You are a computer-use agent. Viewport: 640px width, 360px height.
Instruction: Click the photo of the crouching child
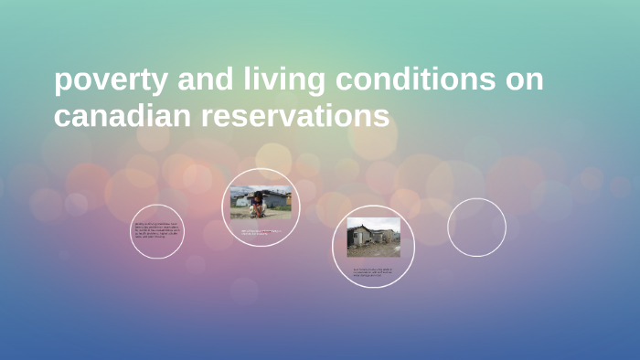pos(261,203)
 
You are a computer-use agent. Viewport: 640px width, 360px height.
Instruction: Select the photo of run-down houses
pos(373,237)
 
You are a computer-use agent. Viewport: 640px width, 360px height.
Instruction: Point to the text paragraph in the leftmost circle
pos(156,230)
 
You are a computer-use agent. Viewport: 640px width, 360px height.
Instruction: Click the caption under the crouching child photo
pos(261,232)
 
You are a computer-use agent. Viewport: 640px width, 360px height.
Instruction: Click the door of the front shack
pos(360,239)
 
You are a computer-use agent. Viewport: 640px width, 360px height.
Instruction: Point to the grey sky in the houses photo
pos(384,222)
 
